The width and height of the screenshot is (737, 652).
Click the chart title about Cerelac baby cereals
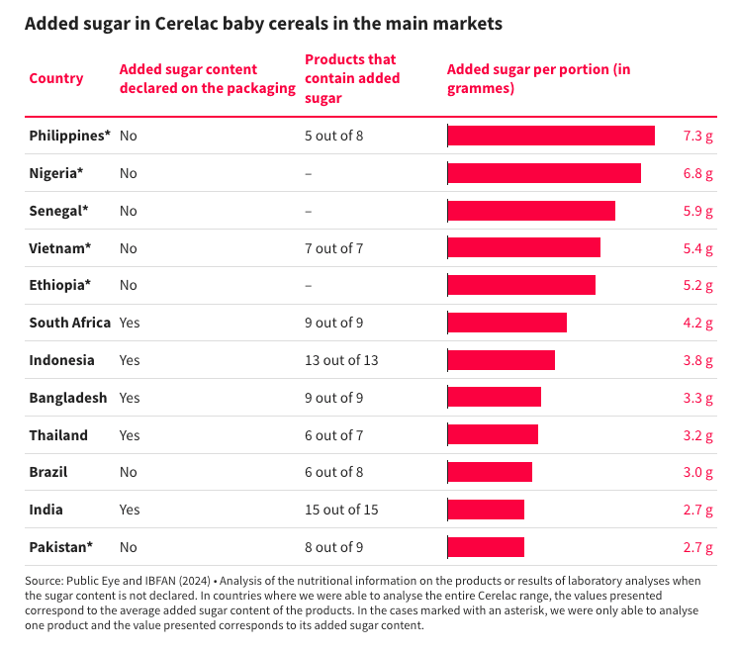pos(263,23)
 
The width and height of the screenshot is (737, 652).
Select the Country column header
pos(56,78)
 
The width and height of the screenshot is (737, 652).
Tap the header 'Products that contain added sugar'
pos(352,78)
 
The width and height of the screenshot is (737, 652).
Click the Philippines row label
pos(69,136)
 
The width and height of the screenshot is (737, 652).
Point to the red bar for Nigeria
pos(544,173)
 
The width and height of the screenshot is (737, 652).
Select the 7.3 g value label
pos(697,136)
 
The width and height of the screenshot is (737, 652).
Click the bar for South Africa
pos(507,323)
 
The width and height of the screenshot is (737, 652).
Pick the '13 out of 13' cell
pos(341,360)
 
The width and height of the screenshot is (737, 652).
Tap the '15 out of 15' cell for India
pos(341,510)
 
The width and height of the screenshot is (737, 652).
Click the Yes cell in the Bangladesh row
pos(131,398)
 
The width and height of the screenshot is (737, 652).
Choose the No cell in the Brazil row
pos(128,472)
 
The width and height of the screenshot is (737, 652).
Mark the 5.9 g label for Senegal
pos(697,211)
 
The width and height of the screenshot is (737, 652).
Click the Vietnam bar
pos(524,247)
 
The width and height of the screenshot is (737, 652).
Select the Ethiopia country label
pos(59,285)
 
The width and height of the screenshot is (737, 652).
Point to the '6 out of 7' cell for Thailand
pos(334,435)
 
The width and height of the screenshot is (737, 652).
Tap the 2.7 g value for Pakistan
pos(697,547)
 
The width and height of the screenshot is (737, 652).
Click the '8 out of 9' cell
pos(334,547)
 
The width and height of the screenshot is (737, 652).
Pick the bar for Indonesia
pos(502,360)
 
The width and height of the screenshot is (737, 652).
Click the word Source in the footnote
pos(45,580)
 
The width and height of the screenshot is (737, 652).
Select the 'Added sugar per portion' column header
pos(538,78)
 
